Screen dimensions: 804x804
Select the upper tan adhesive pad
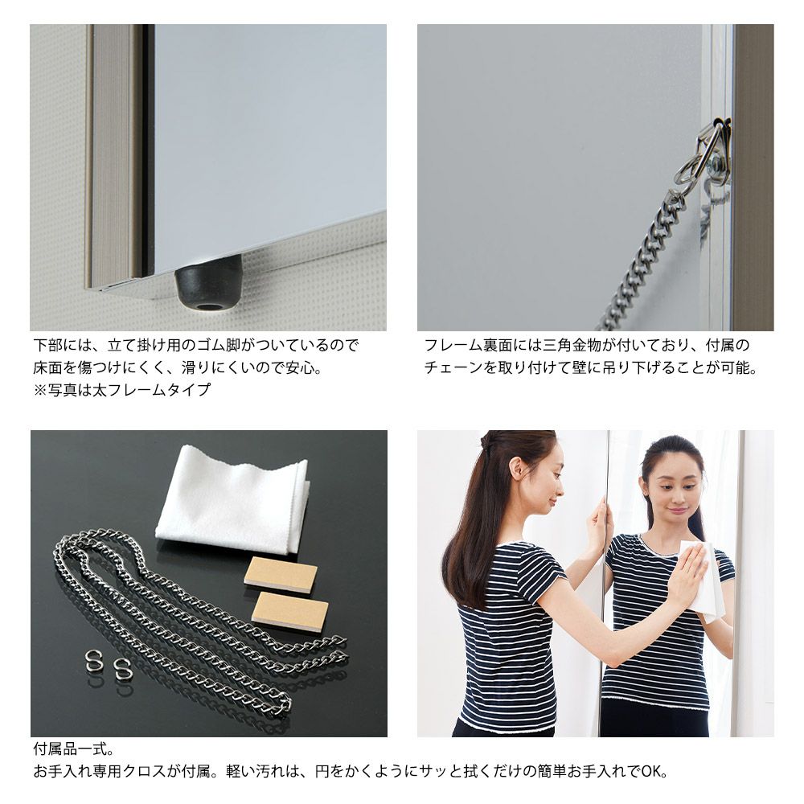click(280, 576)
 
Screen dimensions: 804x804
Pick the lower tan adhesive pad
click(290, 609)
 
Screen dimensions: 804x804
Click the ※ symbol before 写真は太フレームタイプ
click(40, 390)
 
